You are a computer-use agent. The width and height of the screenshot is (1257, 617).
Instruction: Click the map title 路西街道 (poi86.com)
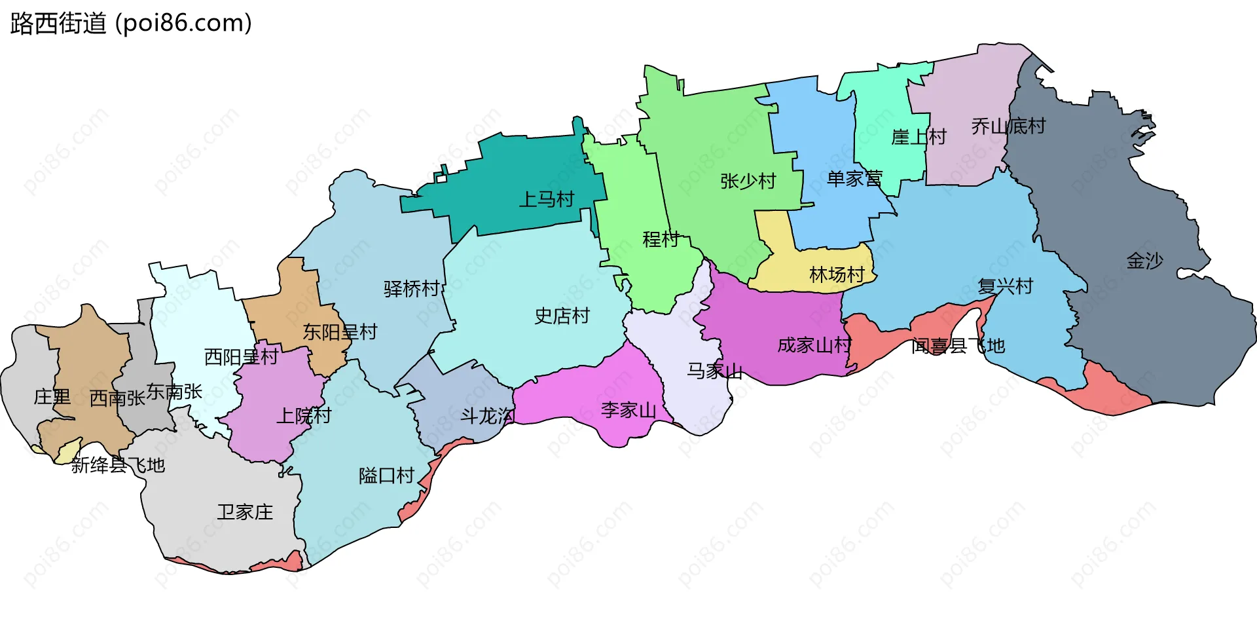tap(131, 24)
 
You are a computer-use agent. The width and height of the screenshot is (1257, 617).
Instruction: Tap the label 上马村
tap(546, 199)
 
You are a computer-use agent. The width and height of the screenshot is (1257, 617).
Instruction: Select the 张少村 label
tap(748, 181)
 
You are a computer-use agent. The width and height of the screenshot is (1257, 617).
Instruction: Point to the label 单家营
tap(854, 178)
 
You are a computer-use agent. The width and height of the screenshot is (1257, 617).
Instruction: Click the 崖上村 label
tap(919, 137)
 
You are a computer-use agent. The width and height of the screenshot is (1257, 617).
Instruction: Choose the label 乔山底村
tap(1008, 126)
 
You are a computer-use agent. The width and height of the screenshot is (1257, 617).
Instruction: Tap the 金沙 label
tap(1144, 261)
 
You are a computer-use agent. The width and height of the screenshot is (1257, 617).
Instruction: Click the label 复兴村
tap(1005, 286)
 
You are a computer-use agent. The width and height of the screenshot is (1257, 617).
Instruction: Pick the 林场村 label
tap(837, 274)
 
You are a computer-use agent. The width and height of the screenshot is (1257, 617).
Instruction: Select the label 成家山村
tap(814, 345)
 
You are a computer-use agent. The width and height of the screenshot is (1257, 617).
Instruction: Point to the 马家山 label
tap(714, 371)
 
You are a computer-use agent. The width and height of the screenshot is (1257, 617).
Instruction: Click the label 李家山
tap(628, 411)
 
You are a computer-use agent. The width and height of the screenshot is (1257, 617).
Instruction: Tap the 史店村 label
tap(562, 316)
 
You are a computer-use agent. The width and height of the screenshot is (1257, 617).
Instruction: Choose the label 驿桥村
tap(411, 289)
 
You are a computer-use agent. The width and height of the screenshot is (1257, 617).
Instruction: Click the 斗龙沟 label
tap(487, 416)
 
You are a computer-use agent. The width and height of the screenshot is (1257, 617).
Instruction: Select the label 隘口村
tap(386, 476)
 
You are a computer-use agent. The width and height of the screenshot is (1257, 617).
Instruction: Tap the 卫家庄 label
tap(245, 512)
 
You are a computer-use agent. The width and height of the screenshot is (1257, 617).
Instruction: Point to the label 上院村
tap(304, 416)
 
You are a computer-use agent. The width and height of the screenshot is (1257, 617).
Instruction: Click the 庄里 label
tap(52, 397)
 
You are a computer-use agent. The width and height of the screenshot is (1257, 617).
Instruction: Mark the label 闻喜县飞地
tap(958, 346)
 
